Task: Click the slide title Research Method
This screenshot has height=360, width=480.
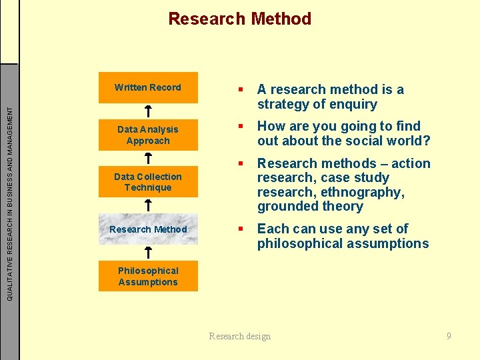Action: point(239,19)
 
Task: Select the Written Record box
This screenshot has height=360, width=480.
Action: point(148,87)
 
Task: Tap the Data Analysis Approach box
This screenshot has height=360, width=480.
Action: point(148,135)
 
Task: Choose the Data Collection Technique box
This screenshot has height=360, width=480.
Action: point(148,182)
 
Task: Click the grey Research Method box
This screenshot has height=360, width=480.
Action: point(148,229)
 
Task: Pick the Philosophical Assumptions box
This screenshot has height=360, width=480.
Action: point(148,276)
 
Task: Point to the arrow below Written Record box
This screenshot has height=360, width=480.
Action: point(148,110)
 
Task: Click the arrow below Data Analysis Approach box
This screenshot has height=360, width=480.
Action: point(148,157)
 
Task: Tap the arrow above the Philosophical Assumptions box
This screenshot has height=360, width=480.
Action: point(148,252)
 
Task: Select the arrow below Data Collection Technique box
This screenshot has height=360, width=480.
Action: point(148,205)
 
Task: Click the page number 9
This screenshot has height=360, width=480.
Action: point(449,336)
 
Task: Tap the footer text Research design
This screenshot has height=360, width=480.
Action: point(240,336)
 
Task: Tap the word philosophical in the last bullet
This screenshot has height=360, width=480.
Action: point(299,243)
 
